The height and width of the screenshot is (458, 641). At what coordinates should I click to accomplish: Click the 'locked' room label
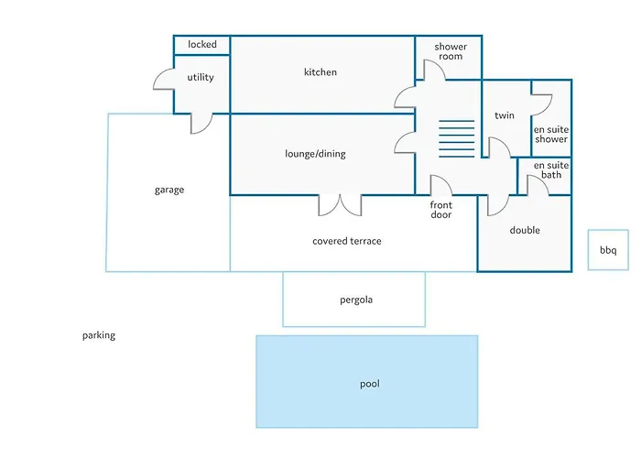click(201, 45)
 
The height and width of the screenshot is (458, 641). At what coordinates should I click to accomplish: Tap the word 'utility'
click(201, 78)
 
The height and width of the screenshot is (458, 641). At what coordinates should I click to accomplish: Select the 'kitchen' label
click(320, 72)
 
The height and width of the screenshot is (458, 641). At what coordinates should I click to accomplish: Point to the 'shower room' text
click(451, 51)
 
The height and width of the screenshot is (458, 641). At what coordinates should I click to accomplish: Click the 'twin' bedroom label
click(504, 116)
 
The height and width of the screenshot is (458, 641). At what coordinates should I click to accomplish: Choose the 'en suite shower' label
click(551, 135)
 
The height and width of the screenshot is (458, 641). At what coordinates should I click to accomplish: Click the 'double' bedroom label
click(525, 231)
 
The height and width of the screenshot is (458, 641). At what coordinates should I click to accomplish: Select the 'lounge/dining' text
click(315, 154)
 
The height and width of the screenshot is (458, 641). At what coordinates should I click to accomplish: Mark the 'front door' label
click(441, 210)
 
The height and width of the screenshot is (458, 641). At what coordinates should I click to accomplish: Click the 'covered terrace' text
click(346, 242)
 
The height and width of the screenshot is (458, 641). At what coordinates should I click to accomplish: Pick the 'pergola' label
click(355, 300)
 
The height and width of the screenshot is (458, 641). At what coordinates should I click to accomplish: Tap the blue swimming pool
click(367, 382)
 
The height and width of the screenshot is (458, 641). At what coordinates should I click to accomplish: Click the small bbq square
click(608, 250)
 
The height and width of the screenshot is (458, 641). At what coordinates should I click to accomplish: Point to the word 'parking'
click(99, 335)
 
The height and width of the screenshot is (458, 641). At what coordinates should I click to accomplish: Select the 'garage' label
click(169, 191)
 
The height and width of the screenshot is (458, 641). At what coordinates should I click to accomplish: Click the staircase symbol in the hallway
click(456, 138)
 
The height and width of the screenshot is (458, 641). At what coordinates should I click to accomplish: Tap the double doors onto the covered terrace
click(340, 205)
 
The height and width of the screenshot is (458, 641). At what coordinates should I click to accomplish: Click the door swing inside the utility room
click(164, 80)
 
